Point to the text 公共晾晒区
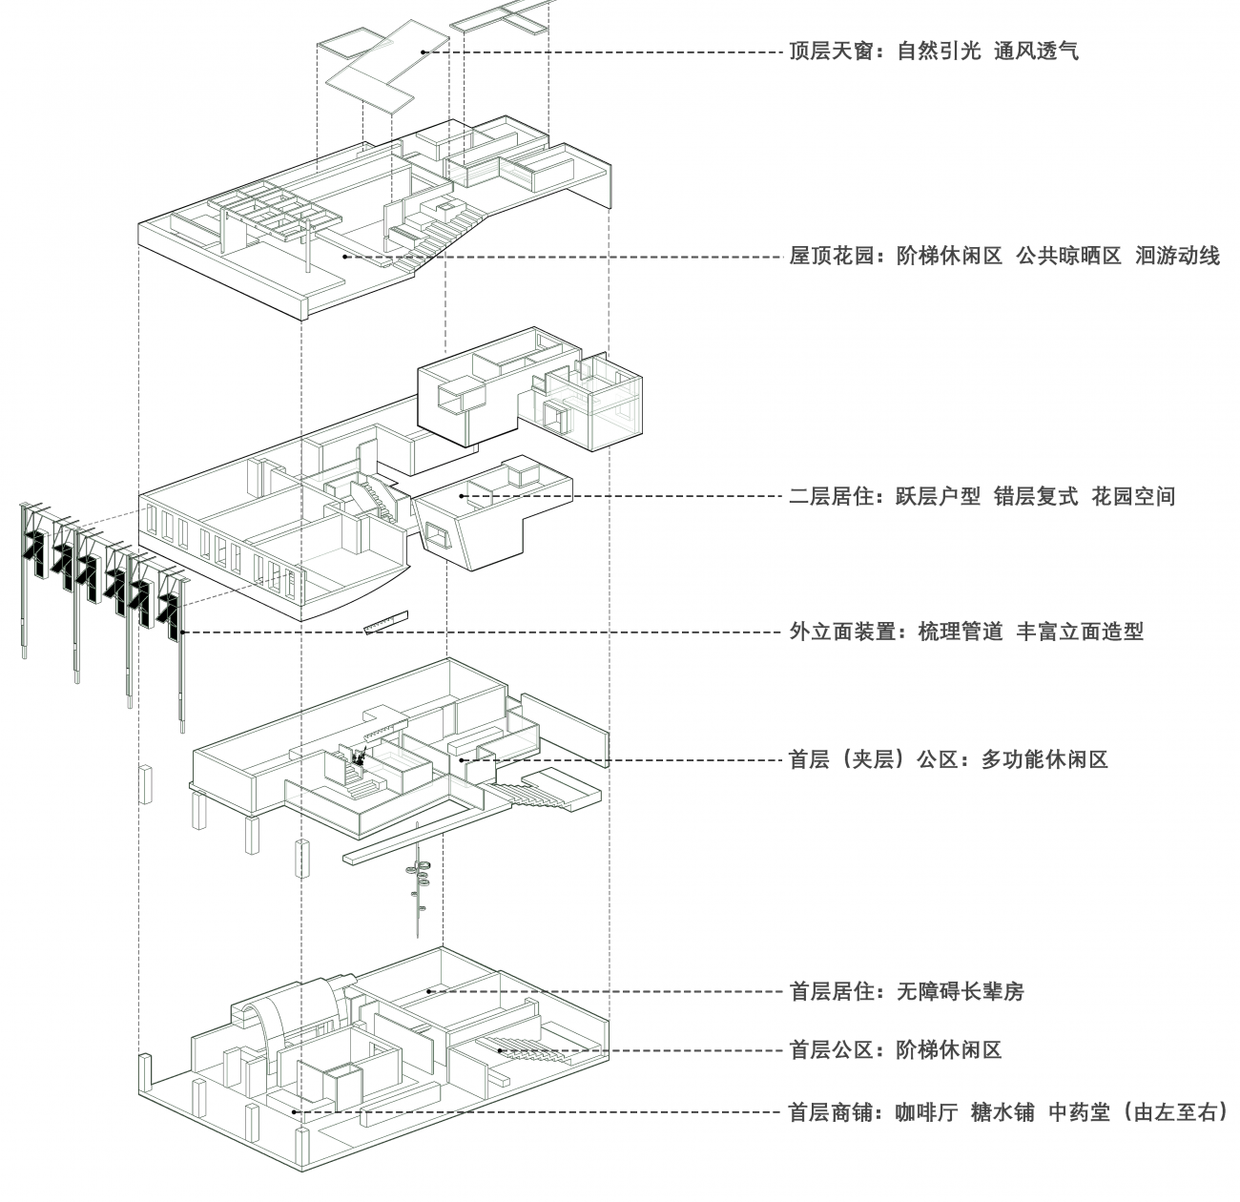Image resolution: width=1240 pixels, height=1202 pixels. [x=1068, y=257]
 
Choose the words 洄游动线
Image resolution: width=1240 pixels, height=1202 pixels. [x=1178, y=257]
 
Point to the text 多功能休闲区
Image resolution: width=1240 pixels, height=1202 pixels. [x=1044, y=760]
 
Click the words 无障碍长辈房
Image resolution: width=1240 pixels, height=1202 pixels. [x=961, y=992]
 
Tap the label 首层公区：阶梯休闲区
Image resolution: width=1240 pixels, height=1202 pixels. [x=896, y=1050]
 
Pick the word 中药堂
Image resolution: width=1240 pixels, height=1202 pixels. [x=1080, y=1112]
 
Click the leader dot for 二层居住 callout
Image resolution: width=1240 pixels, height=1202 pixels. [x=464, y=496]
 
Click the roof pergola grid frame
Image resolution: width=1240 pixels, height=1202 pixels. [x=272, y=208]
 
